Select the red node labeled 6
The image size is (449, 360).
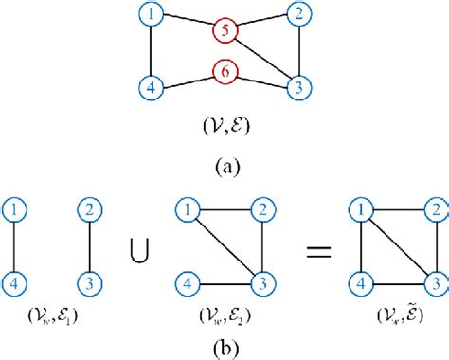pos(225,71)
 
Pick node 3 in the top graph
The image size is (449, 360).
pos(298,87)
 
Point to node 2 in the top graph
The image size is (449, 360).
pos(298,14)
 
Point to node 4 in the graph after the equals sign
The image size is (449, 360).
pos(357,280)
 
